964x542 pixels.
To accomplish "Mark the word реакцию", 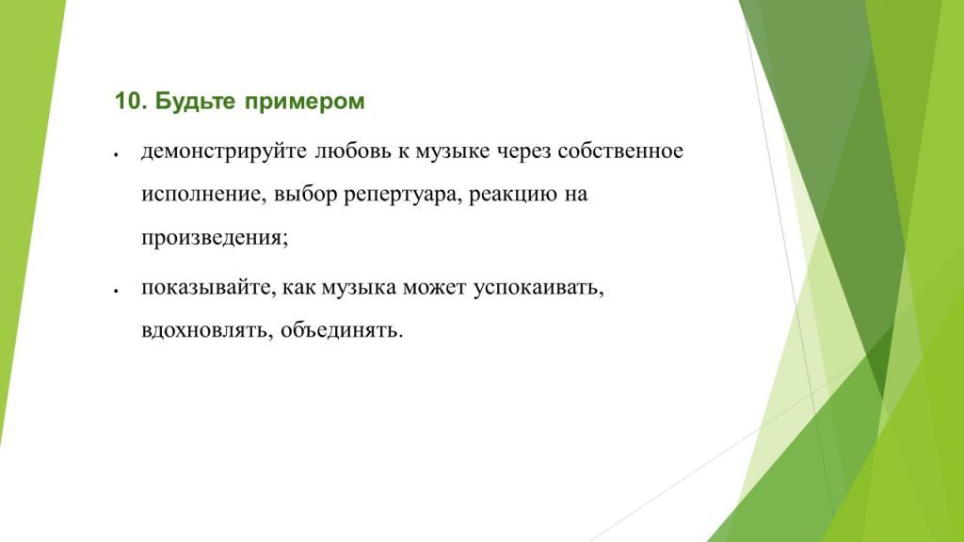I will tap(511, 195).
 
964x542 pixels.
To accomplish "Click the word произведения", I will tap(215, 238).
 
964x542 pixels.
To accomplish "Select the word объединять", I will tap(341, 331).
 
